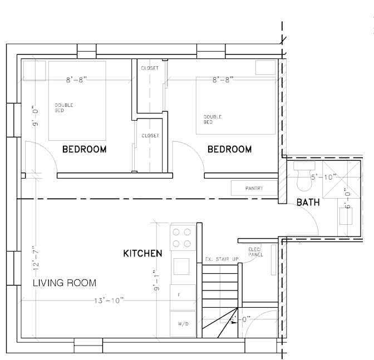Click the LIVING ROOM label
click(x=64, y=283)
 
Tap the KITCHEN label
click(x=142, y=253)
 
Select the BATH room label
click(x=308, y=202)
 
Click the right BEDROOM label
click(x=229, y=149)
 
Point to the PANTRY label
click(x=254, y=189)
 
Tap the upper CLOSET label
click(x=150, y=68)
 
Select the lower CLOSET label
click(x=150, y=136)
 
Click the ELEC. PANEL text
click(x=255, y=252)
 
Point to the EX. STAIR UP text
click(x=221, y=259)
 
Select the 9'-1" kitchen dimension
click(x=158, y=281)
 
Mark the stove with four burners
click(x=183, y=238)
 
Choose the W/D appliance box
click(x=183, y=323)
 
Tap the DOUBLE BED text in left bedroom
click(x=63, y=107)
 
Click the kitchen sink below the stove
click(x=183, y=265)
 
